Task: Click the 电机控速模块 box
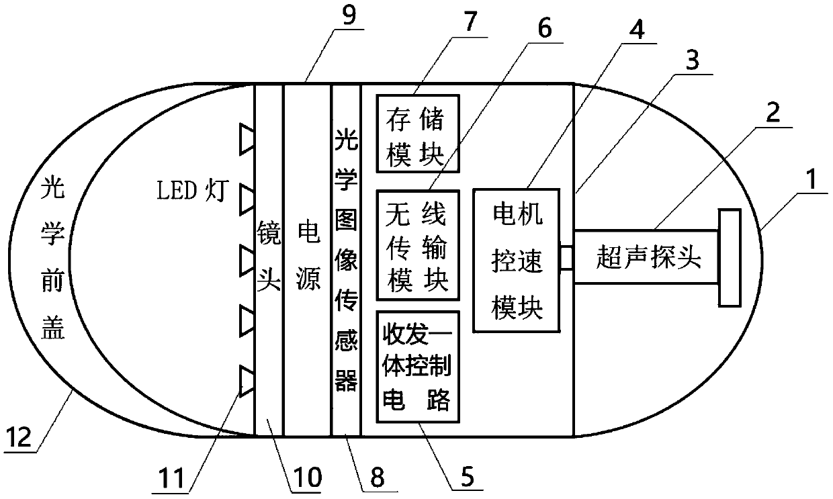pos(516,259)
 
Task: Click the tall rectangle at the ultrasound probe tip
pos(730,257)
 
